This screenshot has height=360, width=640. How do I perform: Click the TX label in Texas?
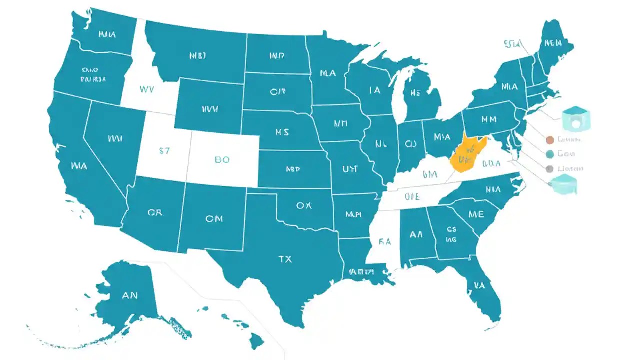(285, 259)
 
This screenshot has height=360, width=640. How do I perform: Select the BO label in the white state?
(222, 160)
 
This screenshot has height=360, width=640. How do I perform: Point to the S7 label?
(164, 151)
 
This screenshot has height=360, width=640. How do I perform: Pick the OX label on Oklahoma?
(304, 205)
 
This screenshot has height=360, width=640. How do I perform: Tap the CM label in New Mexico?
(213, 218)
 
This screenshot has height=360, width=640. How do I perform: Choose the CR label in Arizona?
(155, 212)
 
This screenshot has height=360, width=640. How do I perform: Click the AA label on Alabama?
(416, 234)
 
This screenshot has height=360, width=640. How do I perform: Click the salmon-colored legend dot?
(550, 140)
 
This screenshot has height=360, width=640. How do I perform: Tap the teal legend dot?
(550, 154)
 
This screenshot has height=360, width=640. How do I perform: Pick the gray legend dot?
(550, 169)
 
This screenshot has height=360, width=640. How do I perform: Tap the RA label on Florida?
(480, 286)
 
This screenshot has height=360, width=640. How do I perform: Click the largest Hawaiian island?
(257, 342)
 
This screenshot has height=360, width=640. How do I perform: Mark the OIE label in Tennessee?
(412, 196)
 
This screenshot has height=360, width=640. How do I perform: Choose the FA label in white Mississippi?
(384, 242)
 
